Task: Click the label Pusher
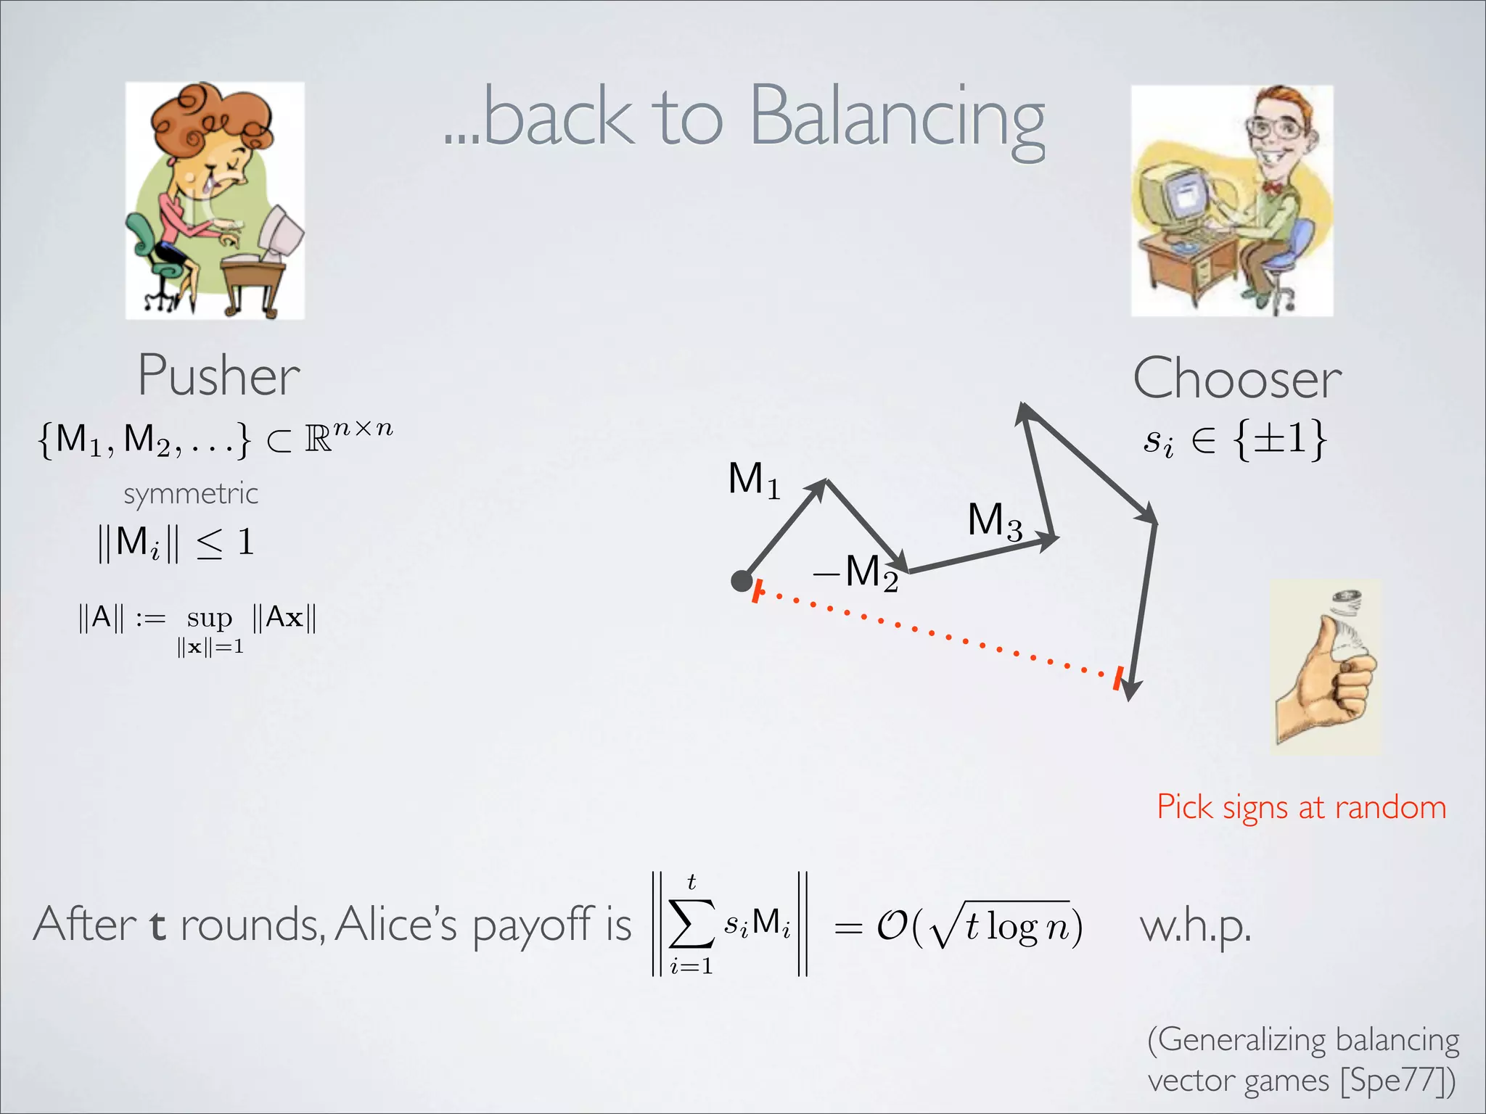(x=218, y=376)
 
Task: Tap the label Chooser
(x=1237, y=379)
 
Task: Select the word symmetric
(x=191, y=494)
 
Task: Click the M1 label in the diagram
(x=753, y=480)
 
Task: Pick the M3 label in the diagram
(x=994, y=521)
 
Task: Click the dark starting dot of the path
(x=741, y=581)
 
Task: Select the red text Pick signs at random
(x=1301, y=807)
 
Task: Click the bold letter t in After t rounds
(x=157, y=926)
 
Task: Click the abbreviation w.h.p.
(x=1195, y=926)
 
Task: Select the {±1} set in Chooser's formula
(x=1281, y=439)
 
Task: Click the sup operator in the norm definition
(x=209, y=618)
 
